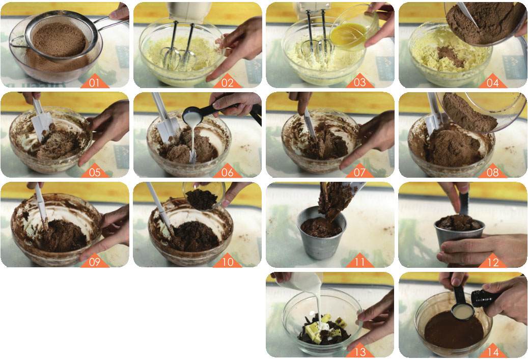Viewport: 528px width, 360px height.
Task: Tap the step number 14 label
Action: click(x=493, y=352)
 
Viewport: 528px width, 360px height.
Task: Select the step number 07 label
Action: click(x=359, y=173)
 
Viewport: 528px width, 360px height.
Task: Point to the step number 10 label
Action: click(x=227, y=262)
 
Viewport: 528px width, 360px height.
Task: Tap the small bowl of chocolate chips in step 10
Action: click(x=204, y=196)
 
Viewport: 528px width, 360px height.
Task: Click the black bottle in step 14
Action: click(x=485, y=297)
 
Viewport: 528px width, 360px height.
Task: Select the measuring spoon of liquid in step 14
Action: click(x=462, y=305)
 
